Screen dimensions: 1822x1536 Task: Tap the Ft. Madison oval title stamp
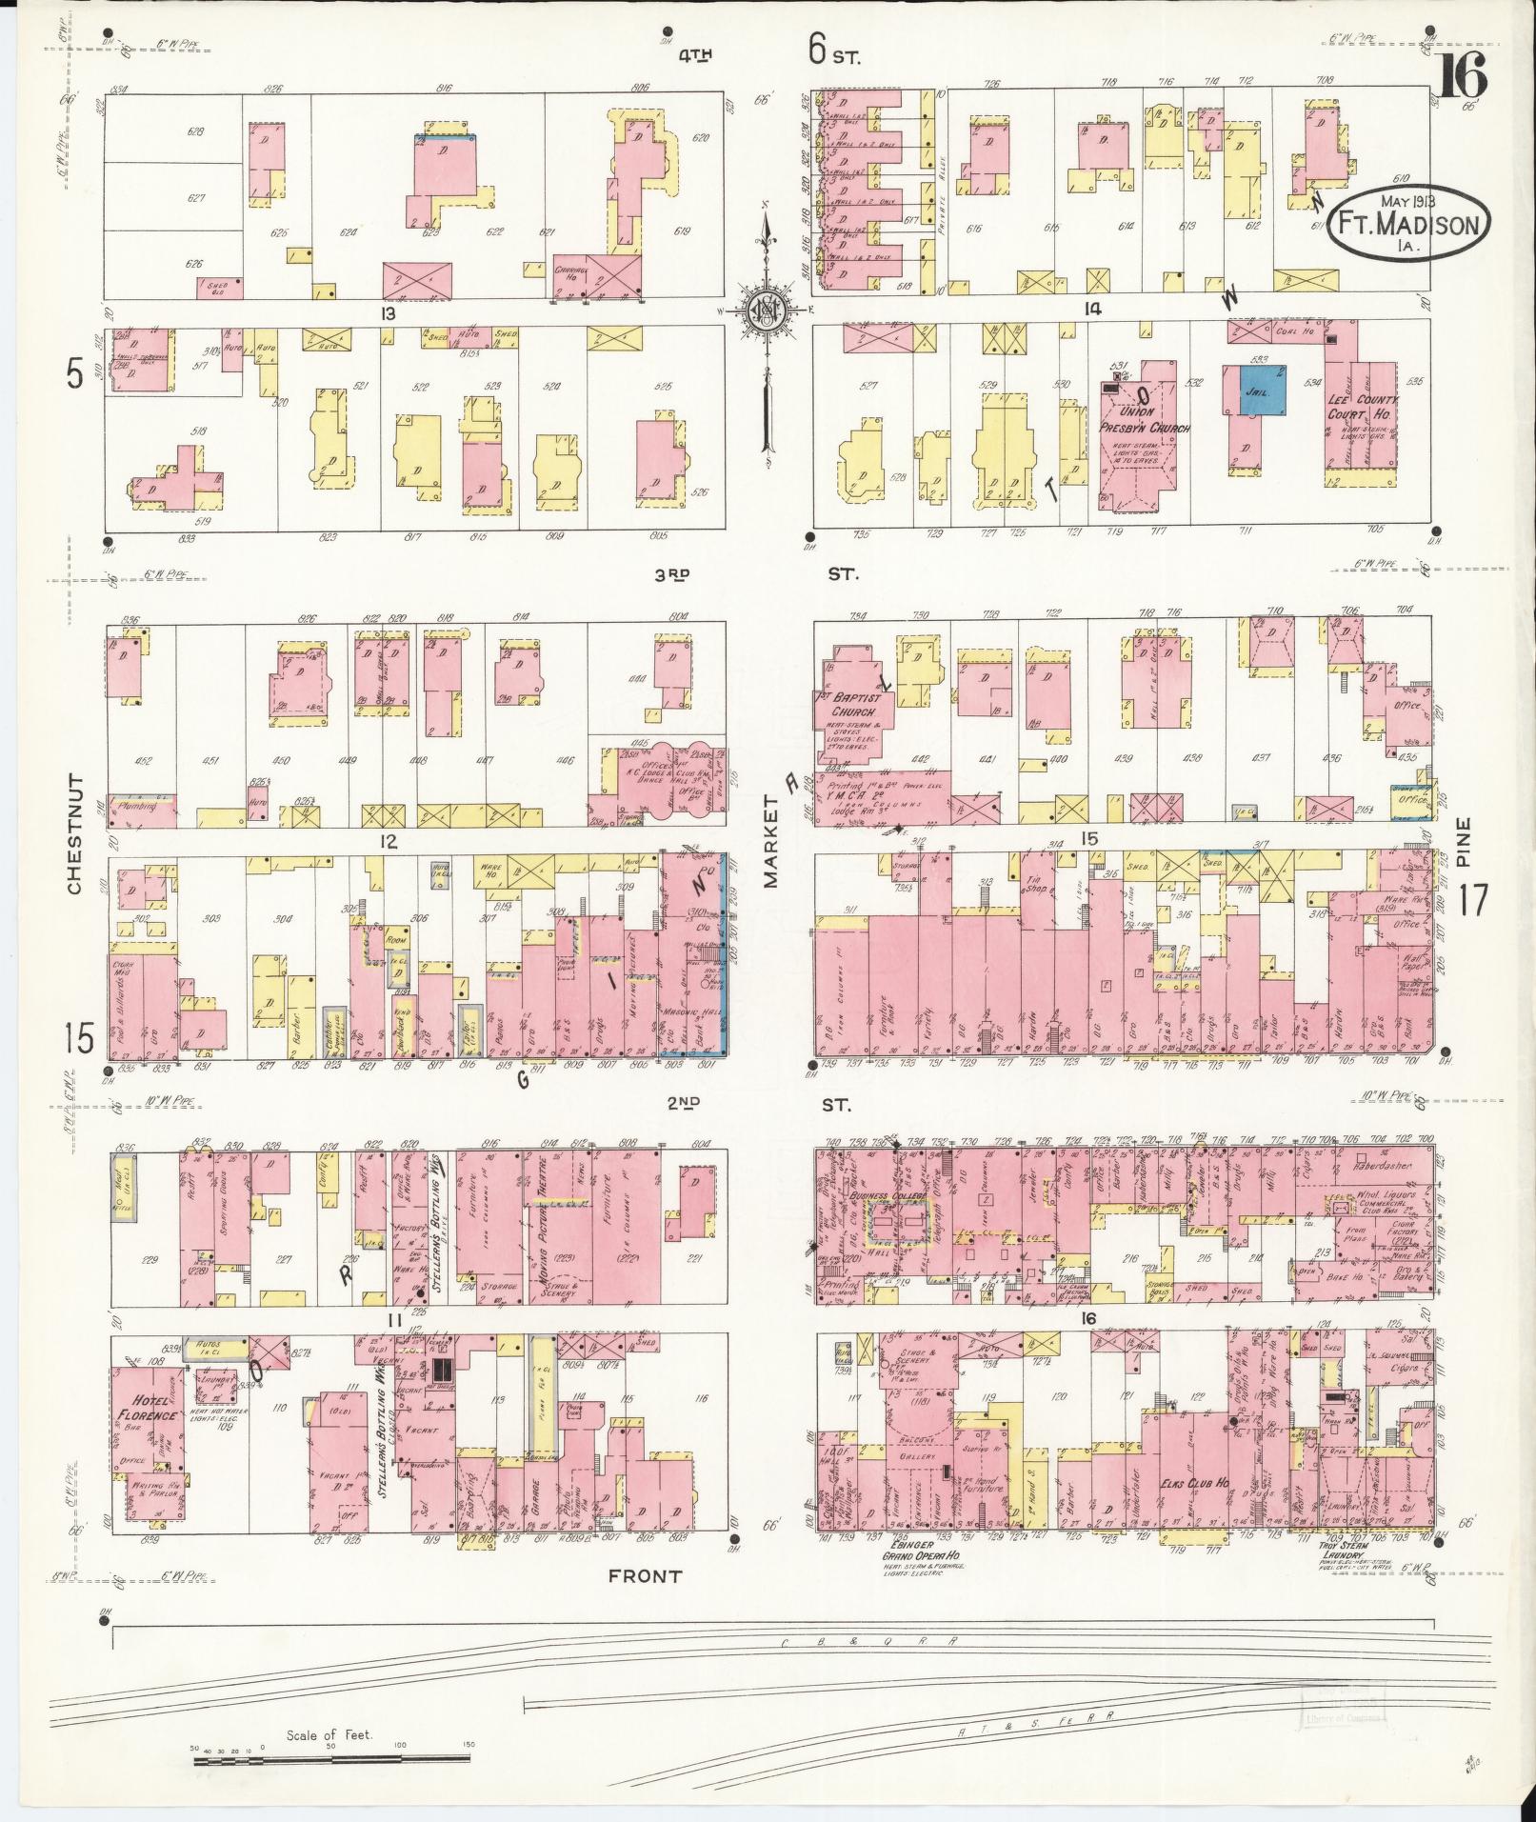1409,226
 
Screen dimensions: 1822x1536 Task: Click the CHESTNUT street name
75,832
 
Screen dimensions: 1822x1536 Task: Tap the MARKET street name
771,842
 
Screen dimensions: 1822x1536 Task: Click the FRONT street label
646,1575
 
